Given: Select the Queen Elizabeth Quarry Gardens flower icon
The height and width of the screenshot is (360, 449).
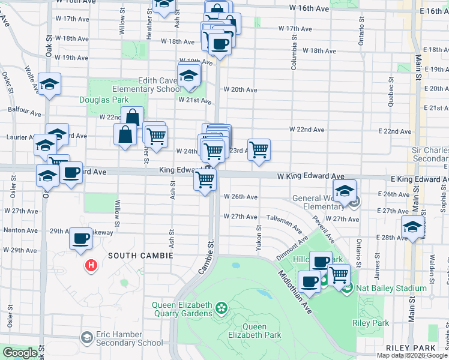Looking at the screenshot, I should pyautogui.click(x=222, y=308).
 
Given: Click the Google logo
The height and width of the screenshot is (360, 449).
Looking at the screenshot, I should pyautogui.click(x=19, y=353).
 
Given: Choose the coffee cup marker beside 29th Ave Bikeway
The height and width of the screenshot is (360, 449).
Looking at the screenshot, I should pyautogui.click(x=81, y=239).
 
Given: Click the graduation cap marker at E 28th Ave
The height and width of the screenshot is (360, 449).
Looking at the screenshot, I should pyautogui.click(x=412, y=228).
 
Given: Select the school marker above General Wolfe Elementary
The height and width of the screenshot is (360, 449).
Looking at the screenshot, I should pyautogui.click(x=345, y=191).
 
